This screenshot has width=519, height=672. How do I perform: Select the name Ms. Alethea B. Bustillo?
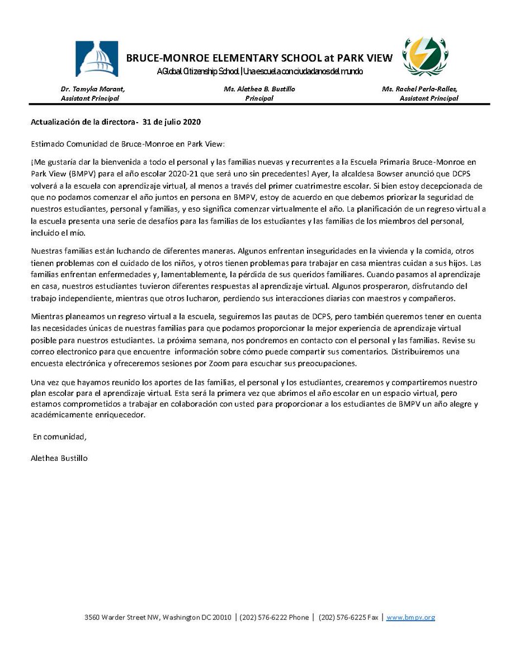pyautogui.click(x=258, y=89)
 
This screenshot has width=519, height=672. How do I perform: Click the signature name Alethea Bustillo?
pyautogui.click(x=60, y=458)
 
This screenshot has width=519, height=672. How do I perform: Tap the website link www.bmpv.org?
pyautogui.click(x=411, y=617)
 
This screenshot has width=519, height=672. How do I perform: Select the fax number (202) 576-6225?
pyautogui.click(x=342, y=617)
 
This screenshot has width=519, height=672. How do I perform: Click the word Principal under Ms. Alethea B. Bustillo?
pyautogui.click(x=259, y=98)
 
